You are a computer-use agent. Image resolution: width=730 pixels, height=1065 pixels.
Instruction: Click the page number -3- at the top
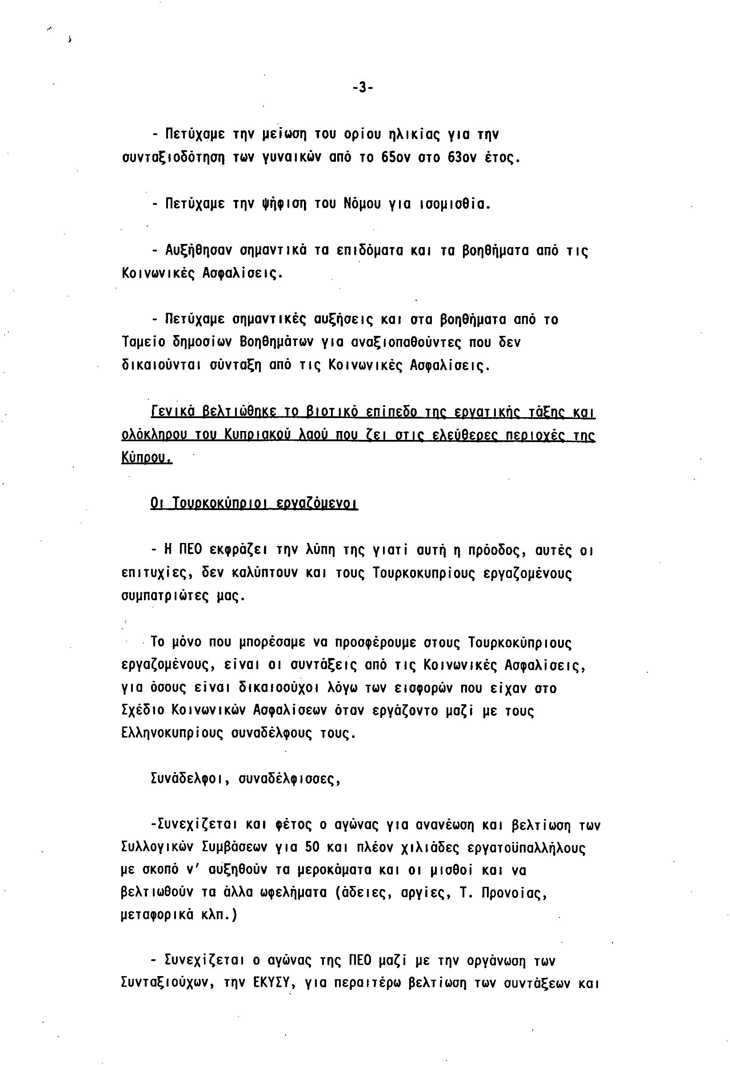click(x=363, y=88)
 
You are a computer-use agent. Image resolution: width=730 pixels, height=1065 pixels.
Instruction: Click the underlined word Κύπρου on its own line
click(x=147, y=458)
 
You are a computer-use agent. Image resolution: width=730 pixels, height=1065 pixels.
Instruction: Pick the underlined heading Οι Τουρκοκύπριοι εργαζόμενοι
click(x=254, y=504)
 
